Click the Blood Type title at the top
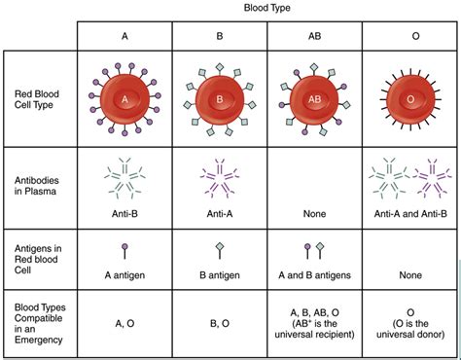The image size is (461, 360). [x=268, y=8]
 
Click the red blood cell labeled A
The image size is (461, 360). [x=124, y=99]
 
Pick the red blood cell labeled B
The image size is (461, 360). [x=219, y=99]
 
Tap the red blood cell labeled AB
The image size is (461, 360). [x=313, y=99]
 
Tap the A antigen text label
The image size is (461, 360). [x=124, y=274]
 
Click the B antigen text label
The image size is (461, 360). [x=219, y=274]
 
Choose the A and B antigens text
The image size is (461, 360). [x=313, y=274]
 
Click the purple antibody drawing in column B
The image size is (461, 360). [x=219, y=177]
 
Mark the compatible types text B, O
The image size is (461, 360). [x=219, y=322]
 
